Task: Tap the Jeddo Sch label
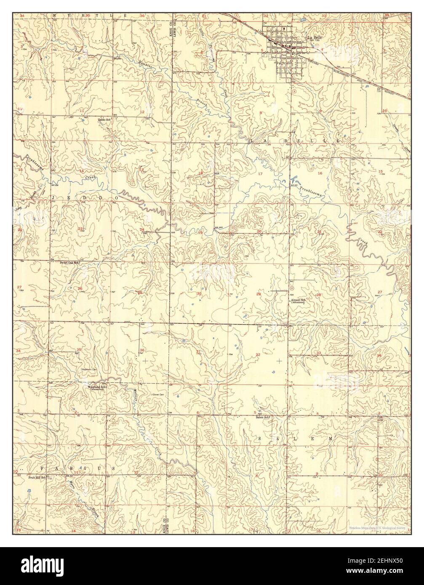tap(104, 120)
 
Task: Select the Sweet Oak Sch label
tap(70, 262)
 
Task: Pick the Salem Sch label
tap(262, 417)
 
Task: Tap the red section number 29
tap(259, 294)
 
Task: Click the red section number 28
tap(319, 295)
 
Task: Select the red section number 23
tap(80, 229)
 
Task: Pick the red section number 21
tap(319, 232)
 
